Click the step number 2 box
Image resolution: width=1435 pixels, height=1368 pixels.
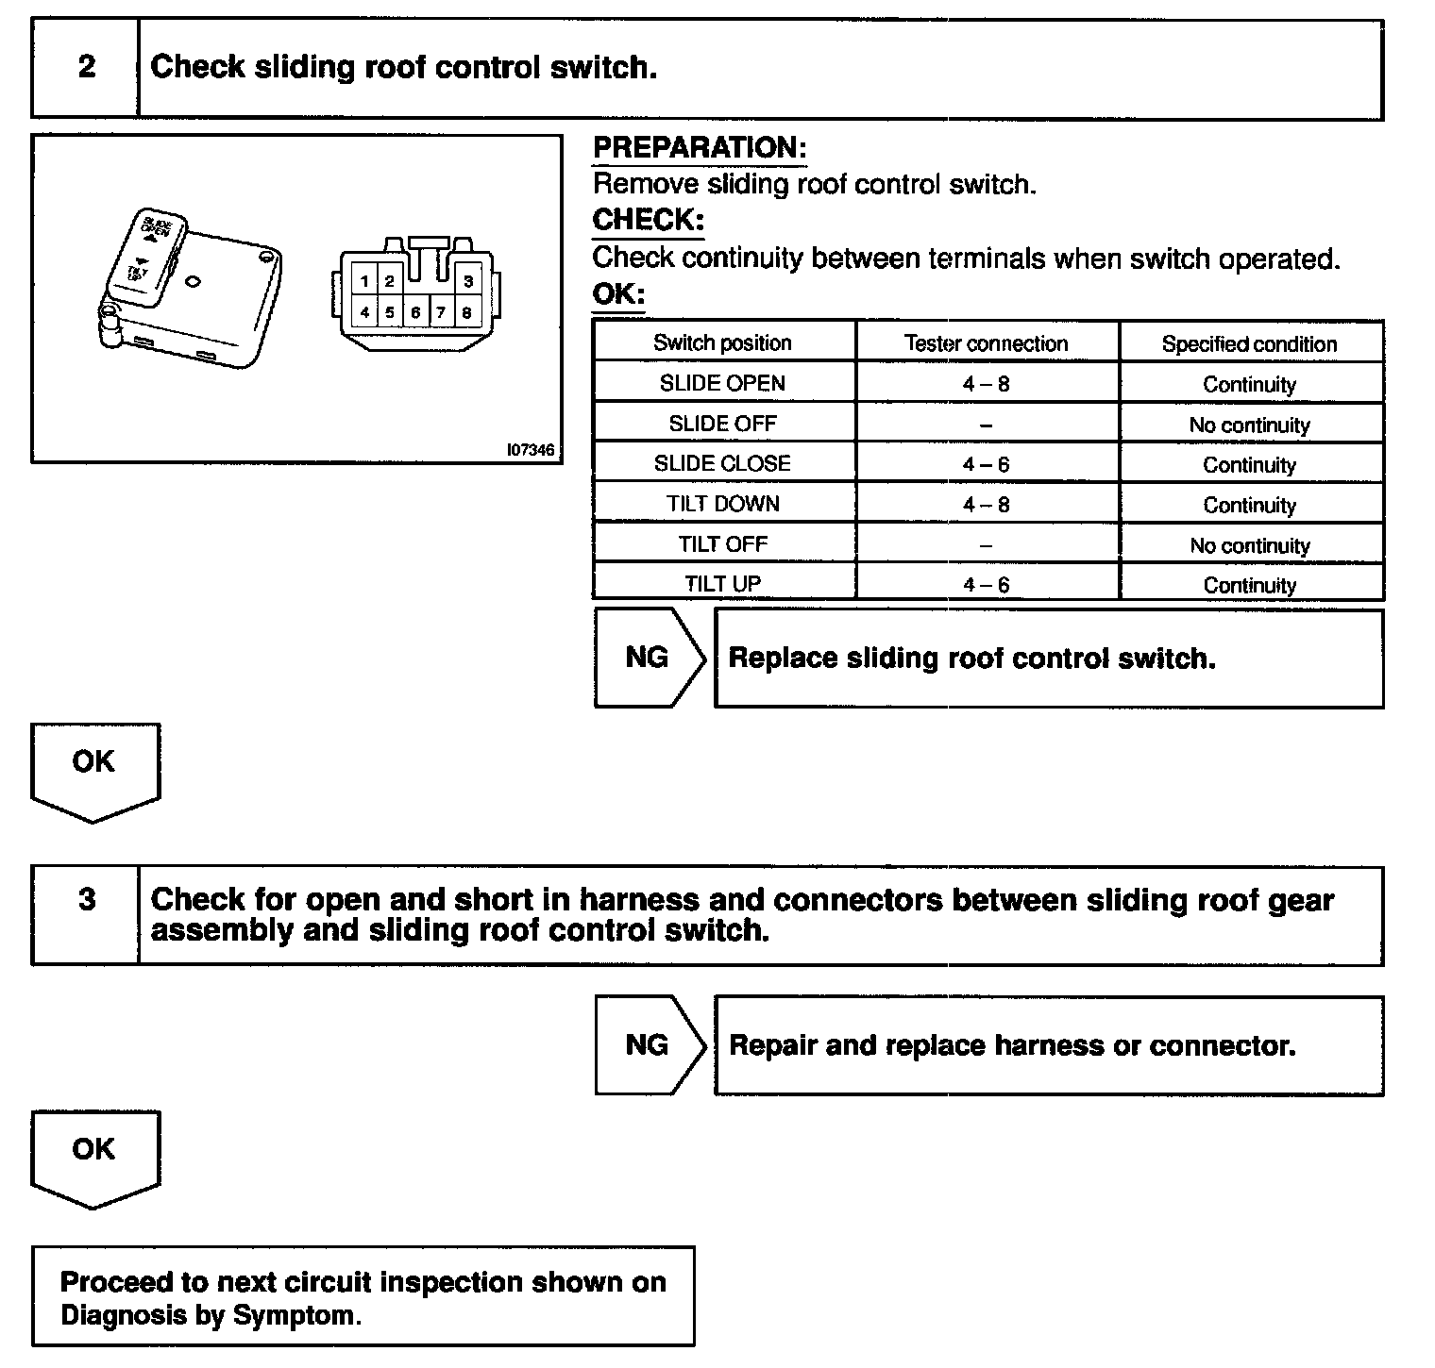(x=86, y=68)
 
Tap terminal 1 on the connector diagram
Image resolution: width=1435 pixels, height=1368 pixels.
(x=364, y=281)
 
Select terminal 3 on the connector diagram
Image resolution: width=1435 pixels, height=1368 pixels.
(x=467, y=281)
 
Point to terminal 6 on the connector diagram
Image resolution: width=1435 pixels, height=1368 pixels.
(x=415, y=312)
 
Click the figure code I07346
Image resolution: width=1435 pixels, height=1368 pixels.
(x=530, y=450)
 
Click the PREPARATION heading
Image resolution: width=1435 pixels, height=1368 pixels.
(x=699, y=148)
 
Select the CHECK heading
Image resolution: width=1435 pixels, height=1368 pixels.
(x=648, y=220)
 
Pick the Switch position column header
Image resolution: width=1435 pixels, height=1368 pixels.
(x=722, y=342)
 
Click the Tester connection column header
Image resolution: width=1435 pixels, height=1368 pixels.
(x=986, y=343)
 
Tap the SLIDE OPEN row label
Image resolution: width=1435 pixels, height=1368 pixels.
(x=722, y=383)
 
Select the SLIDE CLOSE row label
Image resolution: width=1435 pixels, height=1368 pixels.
(x=722, y=463)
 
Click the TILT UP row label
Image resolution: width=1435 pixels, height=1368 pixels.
(x=722, y=584)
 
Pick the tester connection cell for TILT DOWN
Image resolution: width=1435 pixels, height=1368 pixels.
(x=986, y=505)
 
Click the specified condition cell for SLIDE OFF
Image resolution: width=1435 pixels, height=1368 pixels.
(x=1249, y=425)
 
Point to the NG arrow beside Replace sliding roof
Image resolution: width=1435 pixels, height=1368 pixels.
(x=648, y=658)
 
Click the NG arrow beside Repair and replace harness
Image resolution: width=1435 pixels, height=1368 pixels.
(x=648, y=1044)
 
